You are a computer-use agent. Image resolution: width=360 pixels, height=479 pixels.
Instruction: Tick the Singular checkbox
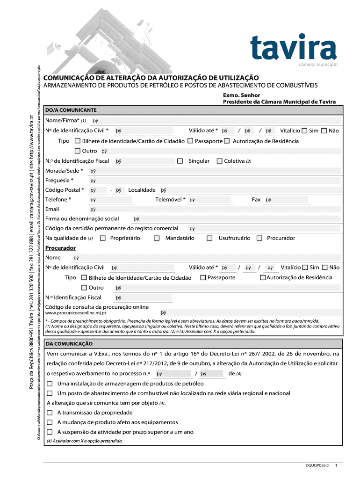click(x=180, y=161)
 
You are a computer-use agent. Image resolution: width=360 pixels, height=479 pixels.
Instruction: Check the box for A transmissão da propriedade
click(x=50, y=413)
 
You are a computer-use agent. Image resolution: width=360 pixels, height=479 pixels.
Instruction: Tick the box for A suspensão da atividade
click(x=50, y=432)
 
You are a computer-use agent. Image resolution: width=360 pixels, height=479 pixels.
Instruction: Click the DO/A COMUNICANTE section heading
click(x=71, y=110)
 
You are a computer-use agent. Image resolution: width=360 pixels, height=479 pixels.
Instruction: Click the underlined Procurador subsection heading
click(x=60, y=247)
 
